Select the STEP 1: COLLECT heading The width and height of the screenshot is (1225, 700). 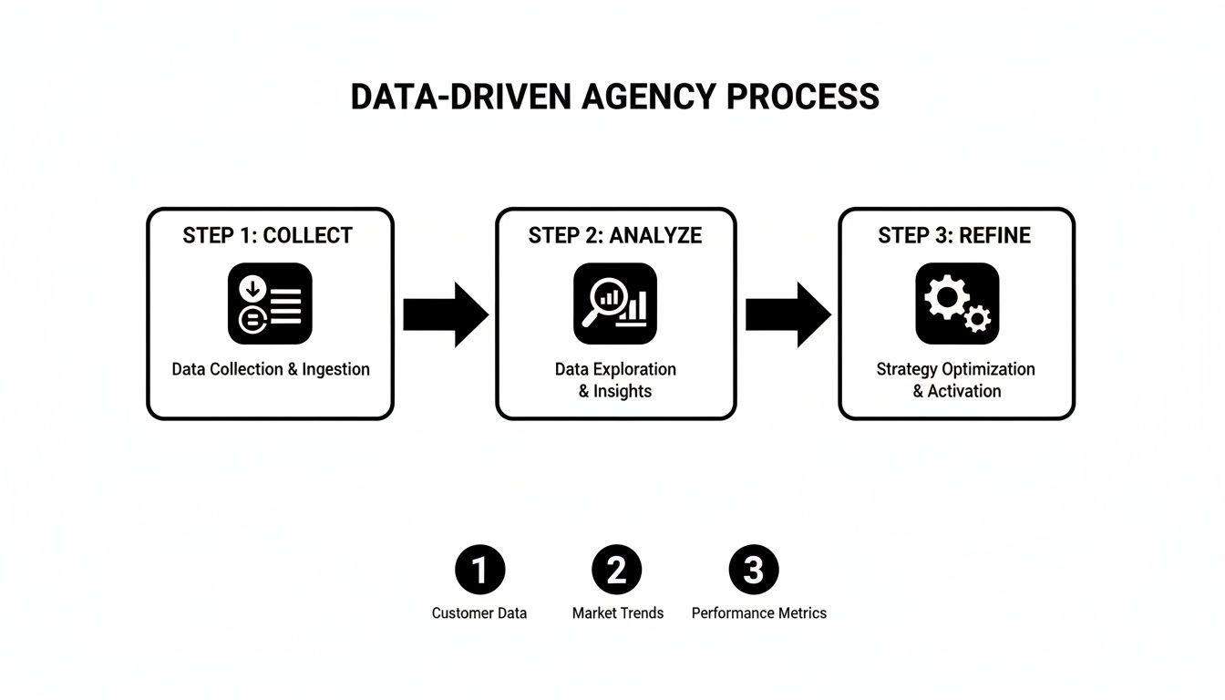(x=267, y=235)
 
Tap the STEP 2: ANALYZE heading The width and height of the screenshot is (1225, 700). (x=615, y=235)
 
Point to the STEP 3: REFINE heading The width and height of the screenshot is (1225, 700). (x=954, y=235)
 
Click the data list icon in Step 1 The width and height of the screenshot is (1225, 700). (x=270, y=304)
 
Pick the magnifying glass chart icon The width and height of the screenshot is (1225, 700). (x=615, y=304)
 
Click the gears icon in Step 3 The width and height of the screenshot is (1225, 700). (x=957, y=304)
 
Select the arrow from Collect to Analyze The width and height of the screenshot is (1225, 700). (x=445, y=314)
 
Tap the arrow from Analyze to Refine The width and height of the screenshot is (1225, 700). (x=787, y=314)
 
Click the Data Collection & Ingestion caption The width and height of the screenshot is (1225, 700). (x=271, y=369)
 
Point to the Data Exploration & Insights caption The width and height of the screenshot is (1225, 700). (x=615, y=380)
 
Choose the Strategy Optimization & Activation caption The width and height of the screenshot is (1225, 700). (x=956, y=380)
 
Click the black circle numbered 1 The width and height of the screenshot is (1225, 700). (x=479, y=571)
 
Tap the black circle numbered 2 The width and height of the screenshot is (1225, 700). (x=617, y=571)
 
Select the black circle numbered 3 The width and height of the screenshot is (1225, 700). (x=754, y=571)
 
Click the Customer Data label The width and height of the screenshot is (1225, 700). (x=479, y=613)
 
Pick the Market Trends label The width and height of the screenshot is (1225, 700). (x=618, y=613)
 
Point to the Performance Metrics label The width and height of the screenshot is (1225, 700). (x=758, y=613)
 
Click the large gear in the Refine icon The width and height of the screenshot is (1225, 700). (x=943, y=297)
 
